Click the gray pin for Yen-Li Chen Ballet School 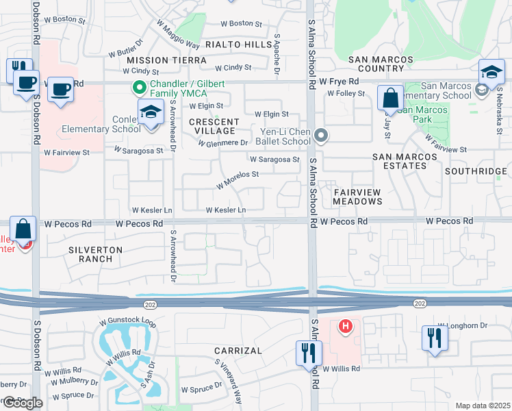click(x=321, y=135)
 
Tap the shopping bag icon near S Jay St click(x=390, y=99)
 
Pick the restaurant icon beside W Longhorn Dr click(x=435, y=338)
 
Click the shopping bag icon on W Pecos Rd click(x=23, y=229)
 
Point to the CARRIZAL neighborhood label click(x=238, y=351)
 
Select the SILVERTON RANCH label click(x=95, y=254)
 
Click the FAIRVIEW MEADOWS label click(x=357, y=196)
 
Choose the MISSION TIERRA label click(x=166, y=60)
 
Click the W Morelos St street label click(x=238, y=179)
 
